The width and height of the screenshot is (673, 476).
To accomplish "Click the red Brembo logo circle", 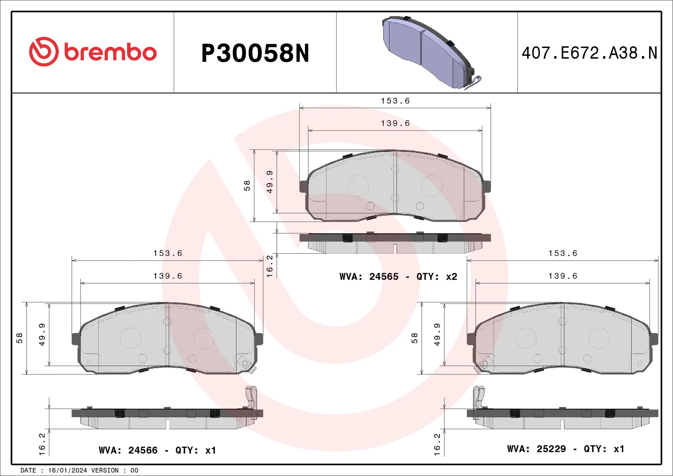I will pyautogui.click(x=44, y=52).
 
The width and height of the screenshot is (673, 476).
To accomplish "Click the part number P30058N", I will pyautogui.click(x=255, y=53).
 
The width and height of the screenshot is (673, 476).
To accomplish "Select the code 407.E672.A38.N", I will pyautogui.click(x=589, y=53).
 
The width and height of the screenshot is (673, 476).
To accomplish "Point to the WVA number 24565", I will pyautogui.click(x=384, y=277).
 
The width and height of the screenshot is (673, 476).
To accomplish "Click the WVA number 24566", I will pyautogui.click(x=143, y=450).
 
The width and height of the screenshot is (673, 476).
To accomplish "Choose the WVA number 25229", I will pyautogui.click(x=551, y=449).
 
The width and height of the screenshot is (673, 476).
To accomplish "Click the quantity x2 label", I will pyautogui.click(x=451, y=277).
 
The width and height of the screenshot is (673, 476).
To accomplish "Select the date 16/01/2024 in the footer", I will pyautogui.click(x=67, y=470).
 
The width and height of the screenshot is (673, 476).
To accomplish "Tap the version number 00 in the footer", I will pyautogui.click(x=134, y=470).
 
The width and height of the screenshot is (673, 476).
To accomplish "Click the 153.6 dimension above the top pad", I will pyautogui.click(x=395, y=101).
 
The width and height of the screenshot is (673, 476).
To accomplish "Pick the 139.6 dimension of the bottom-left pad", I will pyautogui.click(x=168, y=276).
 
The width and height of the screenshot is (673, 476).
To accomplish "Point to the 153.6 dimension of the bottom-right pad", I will pyautogui.click(x=563, y=253).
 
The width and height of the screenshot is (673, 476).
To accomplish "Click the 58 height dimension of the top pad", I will pyautogui.click(x=247, y=185).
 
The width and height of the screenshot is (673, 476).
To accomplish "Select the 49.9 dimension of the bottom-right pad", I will pyautogui.click(x=437, y=335).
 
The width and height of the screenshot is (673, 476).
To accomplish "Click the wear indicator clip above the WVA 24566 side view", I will pyautogui.click(x=251, y=398).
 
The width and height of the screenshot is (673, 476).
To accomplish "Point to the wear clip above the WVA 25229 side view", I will pyautogui.click(x=479, y=398).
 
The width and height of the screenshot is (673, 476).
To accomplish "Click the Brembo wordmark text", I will pyautogui.click(x=110, y=53).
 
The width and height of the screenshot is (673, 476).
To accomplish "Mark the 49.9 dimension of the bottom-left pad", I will pyautogui.click(x=42, y=335).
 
